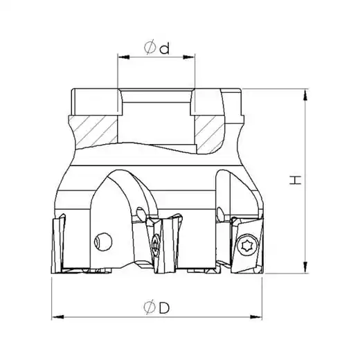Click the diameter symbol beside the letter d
[x=150, y=47]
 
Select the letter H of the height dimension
[x=296, y=180]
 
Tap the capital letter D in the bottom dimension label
[x=164, y=307]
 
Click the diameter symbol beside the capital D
[x=150, y=307]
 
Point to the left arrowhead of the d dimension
[x=123, y=57]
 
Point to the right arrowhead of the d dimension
[x=189, y=57]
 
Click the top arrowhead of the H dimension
[x=305, y=95]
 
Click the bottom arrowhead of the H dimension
[x=305, y=267]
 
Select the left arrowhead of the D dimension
[x=57, y=317]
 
